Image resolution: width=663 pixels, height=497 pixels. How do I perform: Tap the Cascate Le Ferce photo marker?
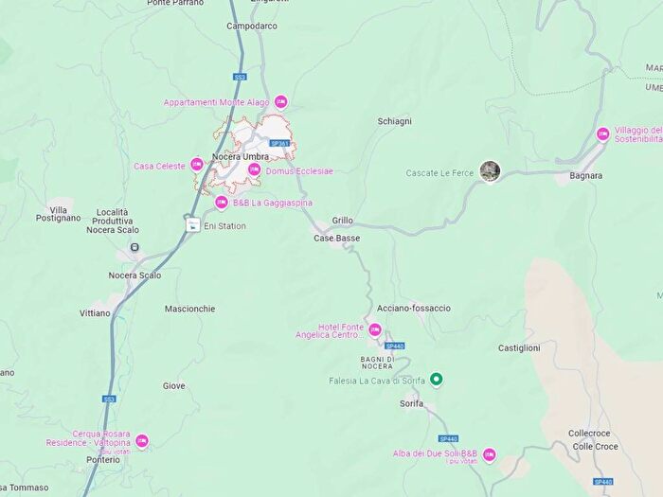pyautogui.click(x=490, y=170)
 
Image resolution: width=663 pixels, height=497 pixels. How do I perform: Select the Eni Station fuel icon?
pyautogui.click(x=193, y=224)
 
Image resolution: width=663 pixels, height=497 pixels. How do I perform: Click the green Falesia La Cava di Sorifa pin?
pyautogui.click(x=436, y=380)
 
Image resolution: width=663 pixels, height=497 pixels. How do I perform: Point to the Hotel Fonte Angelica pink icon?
pyautogui.click(x=375, y=329)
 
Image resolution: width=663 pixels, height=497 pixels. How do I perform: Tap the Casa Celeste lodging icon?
pyautogui.click(x=197, y=165)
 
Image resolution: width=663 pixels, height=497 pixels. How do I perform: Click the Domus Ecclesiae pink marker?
pyautogui.click(x=254, y=169)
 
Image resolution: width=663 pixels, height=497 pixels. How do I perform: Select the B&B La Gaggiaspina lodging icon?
pyautogui.click(x=221, y=202)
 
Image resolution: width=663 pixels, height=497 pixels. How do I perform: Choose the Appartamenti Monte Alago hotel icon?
pyautogui.click(x=280, y=101)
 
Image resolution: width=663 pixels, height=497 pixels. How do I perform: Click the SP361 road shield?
pyautogui.click(x=278, y=143)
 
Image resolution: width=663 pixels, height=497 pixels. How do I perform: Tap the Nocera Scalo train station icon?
pyautogui.click(x=134, y=248)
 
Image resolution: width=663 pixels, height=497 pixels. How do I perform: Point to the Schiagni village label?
pyautogui.click(x=395, y=122)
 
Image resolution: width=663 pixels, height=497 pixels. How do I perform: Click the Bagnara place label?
pyautogui.click(x=586, y=175)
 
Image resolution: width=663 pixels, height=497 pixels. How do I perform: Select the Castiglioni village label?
pyautogui.click(x=519, y=348)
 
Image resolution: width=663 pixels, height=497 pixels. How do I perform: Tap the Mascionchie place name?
pyautogui.click(x=189, y=309)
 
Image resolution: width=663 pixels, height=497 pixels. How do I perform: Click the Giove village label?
pyautogui.click(x=174, y=385)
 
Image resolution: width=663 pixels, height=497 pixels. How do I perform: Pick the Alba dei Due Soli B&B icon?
pyautogui.click(x=490, y=454)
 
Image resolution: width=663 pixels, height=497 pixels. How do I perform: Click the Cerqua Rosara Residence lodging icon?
pyautogui.click(x=142, y=441)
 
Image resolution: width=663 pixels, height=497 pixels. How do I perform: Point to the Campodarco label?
pyautogui.click(x=252, y=26)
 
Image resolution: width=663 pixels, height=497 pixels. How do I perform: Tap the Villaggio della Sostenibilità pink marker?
pyautogui.click(x=602, y=133)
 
